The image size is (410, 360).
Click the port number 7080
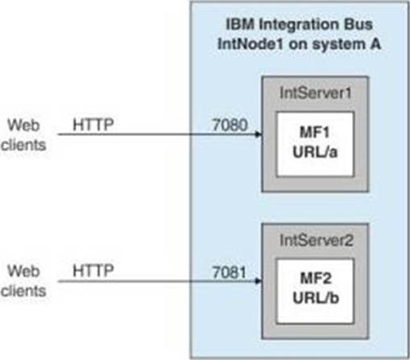230,125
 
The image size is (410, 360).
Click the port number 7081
229,272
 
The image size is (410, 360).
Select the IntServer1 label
316,93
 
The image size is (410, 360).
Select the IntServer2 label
317,240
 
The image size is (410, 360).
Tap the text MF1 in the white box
314,132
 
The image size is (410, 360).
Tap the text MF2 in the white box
316,279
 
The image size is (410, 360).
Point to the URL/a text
315,152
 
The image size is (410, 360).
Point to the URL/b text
316,298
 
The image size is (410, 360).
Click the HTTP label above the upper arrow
93,125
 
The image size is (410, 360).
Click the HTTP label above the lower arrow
93,271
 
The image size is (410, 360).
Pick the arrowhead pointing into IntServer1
259,134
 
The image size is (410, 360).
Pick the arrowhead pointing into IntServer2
259,281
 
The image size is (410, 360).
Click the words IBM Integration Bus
299,24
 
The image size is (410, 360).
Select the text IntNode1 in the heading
251,44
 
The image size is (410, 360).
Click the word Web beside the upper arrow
23,125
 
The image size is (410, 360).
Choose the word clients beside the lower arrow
23,291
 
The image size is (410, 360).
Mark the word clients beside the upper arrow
23,145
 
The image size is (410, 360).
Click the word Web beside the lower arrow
23,271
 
